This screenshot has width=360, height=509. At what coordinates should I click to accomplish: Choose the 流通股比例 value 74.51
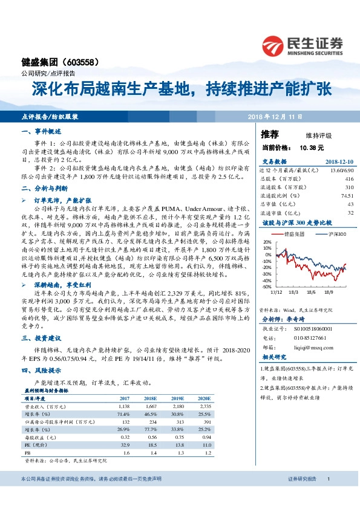[x=346, y=196]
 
